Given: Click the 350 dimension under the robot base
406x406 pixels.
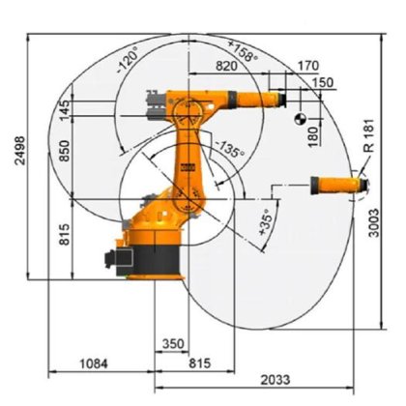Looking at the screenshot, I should click(172, 343).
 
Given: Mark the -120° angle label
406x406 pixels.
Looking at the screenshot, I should click(127, 65).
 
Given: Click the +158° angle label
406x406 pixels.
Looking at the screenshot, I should click(243, 51).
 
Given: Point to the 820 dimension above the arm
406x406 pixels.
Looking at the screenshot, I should click(227, 66).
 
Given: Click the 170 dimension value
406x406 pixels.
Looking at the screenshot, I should click(308, 66).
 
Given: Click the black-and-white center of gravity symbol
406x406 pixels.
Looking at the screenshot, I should click(300, 118).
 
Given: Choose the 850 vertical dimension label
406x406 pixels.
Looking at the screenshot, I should click(65, 152).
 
